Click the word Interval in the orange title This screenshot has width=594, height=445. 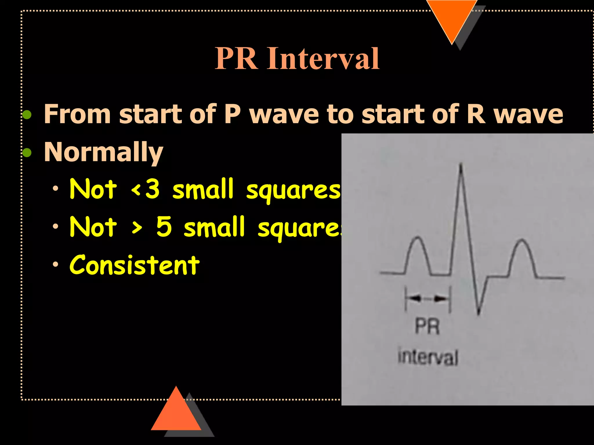pos(323,59)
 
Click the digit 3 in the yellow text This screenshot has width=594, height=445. pos(152,189)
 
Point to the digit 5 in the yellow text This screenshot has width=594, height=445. pos(164,227)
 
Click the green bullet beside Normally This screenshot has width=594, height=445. pos(27,152)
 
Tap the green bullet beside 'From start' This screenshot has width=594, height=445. pos(27,115)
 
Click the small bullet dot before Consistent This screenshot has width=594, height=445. pos(55,264)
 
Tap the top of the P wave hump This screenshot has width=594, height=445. pos(418,238)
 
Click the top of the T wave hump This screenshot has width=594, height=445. pos(522,240)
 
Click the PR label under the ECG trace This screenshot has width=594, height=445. pos(427,327)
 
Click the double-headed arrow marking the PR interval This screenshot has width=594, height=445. pos(428,298)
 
